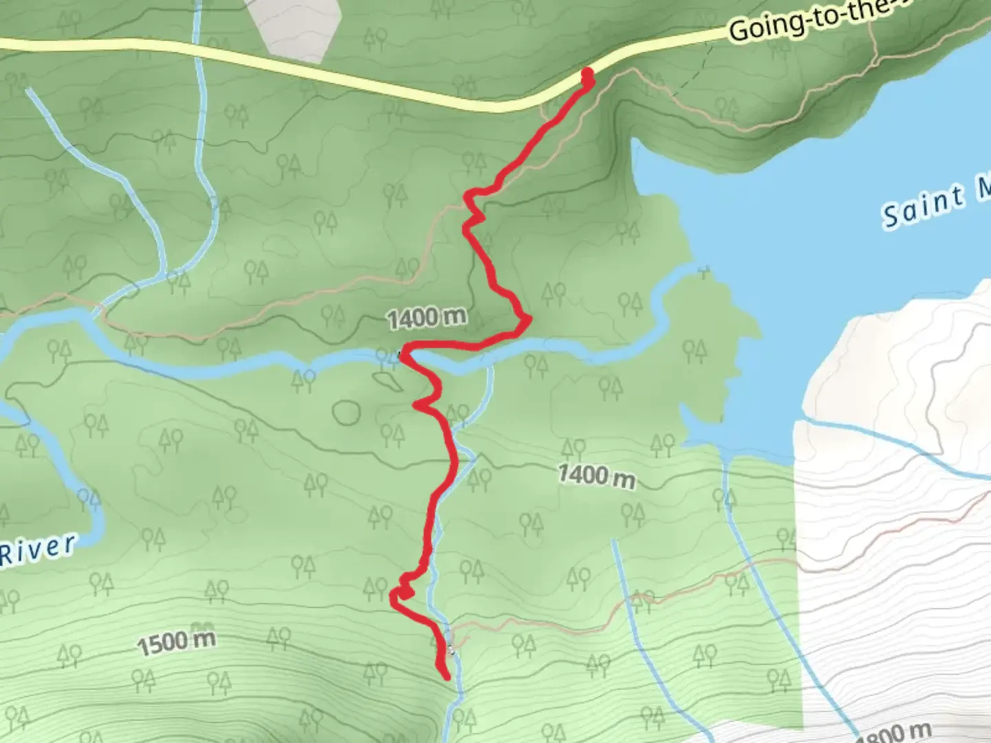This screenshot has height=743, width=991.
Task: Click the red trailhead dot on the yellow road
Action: (588, 73)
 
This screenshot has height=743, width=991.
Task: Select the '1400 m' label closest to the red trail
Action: (427, 318)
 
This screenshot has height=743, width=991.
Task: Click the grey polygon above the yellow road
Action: (295, 28)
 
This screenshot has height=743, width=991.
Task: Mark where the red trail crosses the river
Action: (405, 355)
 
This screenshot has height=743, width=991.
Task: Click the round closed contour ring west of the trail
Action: (346, 412)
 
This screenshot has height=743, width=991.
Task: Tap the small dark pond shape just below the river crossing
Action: (387, 380)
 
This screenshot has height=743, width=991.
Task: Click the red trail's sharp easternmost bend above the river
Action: (529, 319)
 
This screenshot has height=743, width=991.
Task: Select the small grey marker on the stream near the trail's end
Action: (451, 648)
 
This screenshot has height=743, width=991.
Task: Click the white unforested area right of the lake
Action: (895, 358)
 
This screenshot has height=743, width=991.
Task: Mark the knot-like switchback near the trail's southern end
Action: (403, 590)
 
